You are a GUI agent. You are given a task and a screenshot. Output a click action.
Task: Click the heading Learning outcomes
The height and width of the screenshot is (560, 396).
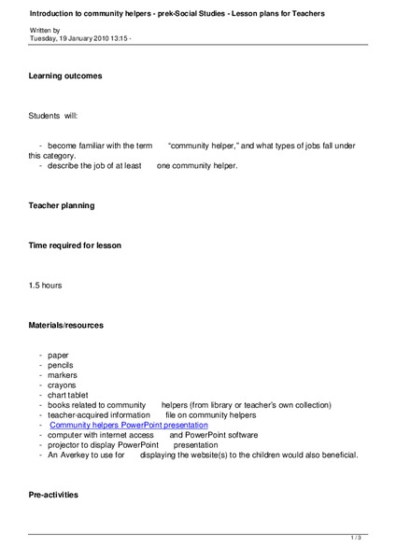[x=65, y=75]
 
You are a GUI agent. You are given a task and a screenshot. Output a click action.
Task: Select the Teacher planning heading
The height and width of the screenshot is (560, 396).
[x=62, y=204]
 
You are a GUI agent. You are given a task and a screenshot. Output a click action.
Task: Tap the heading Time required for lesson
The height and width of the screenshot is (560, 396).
[x=75, y=245]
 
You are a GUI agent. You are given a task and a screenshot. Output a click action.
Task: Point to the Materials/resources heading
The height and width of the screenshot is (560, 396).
[x=66, y=325]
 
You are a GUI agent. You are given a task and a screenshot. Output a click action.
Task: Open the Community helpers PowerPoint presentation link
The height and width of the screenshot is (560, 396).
[x=128, y=425]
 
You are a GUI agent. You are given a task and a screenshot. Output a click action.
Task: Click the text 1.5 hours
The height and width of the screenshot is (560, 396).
[x=46, y=285]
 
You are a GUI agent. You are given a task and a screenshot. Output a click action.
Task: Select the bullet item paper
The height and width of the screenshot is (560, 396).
[x=59, y=355]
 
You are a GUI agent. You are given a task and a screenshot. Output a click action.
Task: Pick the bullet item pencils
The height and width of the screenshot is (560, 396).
[x=61, y=365]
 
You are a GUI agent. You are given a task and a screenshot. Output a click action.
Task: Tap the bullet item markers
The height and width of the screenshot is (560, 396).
[x=63, y=374]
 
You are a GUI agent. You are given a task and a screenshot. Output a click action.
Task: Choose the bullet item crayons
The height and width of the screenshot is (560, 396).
[x=63, y=385]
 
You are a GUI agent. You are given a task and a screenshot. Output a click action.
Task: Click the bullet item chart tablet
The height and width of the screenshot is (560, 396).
[x=68, y=395]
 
